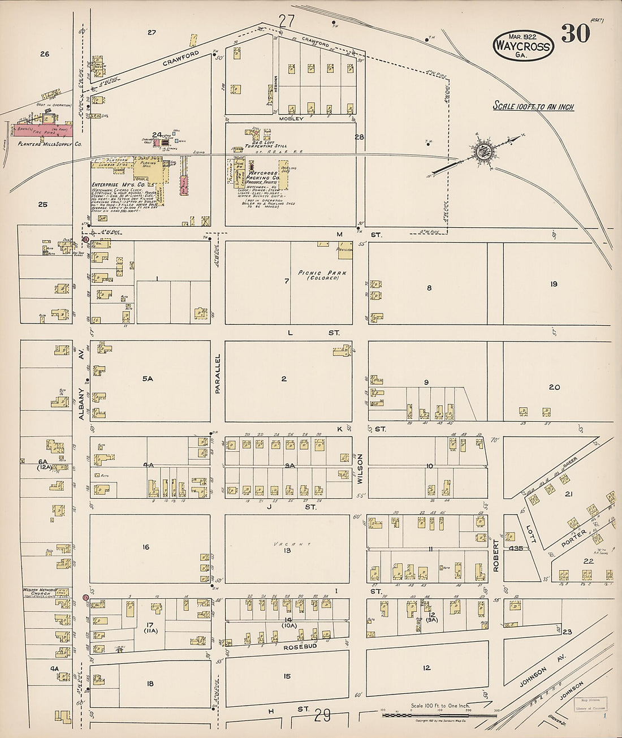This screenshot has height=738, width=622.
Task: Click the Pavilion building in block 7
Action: pos(345,251)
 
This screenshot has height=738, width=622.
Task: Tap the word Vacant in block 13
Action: pos(286,543)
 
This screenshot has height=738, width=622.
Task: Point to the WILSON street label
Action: pos(360,469)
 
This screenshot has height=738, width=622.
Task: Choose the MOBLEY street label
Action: pos(291,119)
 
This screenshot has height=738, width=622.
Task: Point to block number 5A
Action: pos(148,378)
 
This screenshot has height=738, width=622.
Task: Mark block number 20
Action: pos(554,387)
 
